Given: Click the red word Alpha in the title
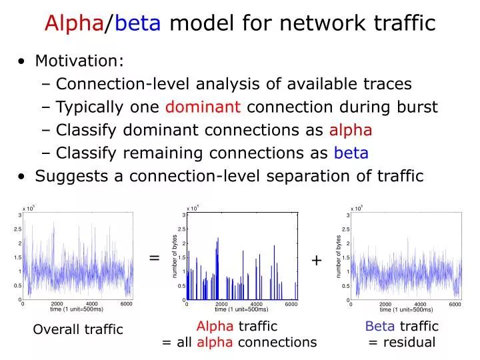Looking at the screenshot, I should (x=73, y=24).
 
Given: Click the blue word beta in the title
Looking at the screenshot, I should (x=138, y=24).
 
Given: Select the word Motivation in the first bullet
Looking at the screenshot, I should (x=79, y=61).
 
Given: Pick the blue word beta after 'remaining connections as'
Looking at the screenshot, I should (x=351, y=153).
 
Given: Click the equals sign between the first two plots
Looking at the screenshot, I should (x=154, y=258).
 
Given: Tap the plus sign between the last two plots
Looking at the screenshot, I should (x=316, y=261).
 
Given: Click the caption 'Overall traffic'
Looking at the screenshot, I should (x=78, y=329).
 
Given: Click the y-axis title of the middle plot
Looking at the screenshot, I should (x=175, y=257).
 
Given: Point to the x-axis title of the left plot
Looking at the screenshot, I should (x=77, y=309).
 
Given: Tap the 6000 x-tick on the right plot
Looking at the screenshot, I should (x=455, y=304).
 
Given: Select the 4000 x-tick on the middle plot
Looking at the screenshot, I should (x=256, y=304).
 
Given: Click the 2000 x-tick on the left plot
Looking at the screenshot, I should (x=57, y=304).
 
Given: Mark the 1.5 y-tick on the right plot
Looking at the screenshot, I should (x=346, y=257).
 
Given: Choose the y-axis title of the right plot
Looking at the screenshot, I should (x=339, y=257).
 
